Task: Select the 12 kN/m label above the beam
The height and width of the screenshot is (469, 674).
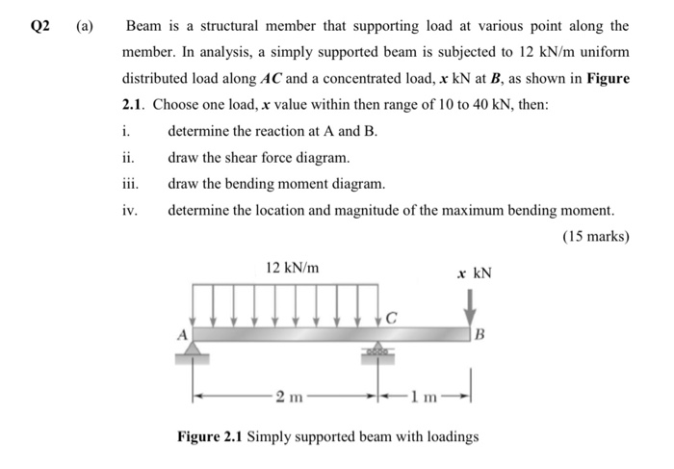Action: [293, 267]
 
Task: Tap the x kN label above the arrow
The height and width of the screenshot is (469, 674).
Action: [474, 273]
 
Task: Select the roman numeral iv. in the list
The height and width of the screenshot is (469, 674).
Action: [130, 209]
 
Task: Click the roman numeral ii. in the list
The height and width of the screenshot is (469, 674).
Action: [129, 157]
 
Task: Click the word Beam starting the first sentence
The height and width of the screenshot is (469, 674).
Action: [144, 26]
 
